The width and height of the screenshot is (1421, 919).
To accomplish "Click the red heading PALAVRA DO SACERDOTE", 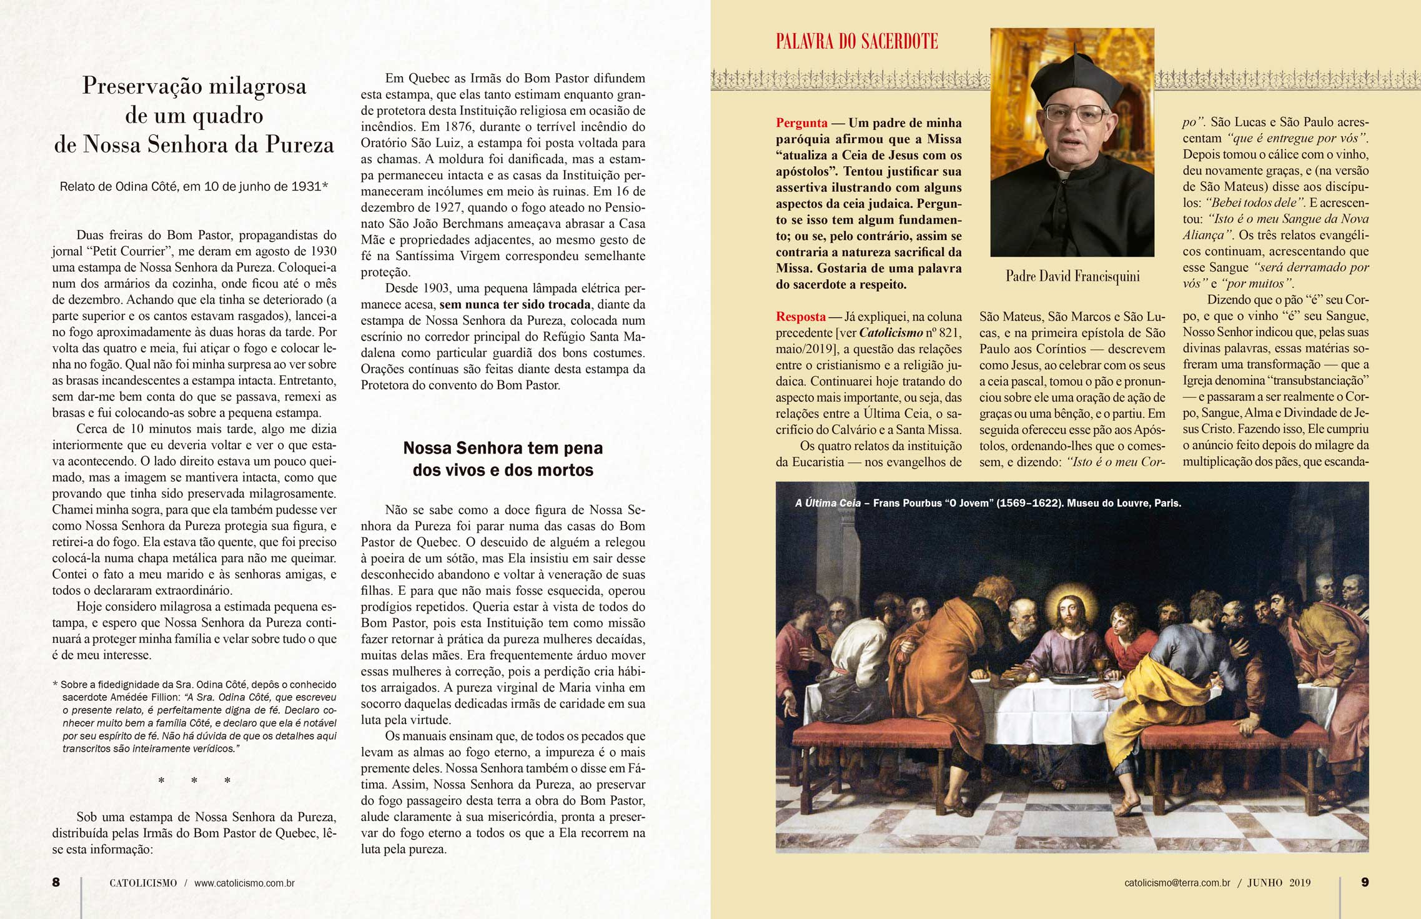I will tap(856, 42).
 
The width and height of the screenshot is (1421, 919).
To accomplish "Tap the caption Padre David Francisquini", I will tap(1072, 276).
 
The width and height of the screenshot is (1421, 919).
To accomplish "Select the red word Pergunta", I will tap(801, 123).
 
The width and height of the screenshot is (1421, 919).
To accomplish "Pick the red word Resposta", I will tap(801, 317).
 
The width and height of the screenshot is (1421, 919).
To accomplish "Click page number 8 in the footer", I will tap(56, 882).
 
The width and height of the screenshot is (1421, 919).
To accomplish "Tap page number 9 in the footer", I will tap(1365, 882).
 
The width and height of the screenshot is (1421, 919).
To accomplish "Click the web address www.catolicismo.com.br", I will tap(244, 883).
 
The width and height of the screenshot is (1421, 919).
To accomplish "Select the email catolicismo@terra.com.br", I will tap(1177, 883).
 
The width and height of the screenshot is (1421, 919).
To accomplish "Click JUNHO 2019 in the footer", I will tap(1279, 883).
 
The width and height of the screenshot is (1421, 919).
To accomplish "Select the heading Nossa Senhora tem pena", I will tap(503, 448).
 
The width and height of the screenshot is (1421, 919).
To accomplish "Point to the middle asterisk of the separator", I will tap(194, 781).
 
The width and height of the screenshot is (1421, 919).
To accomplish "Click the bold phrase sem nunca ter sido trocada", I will tap(515, 305).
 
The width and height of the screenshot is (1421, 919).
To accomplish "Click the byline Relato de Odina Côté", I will tap(194, 186).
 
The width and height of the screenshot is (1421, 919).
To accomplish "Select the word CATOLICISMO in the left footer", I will tap(143, 883).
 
